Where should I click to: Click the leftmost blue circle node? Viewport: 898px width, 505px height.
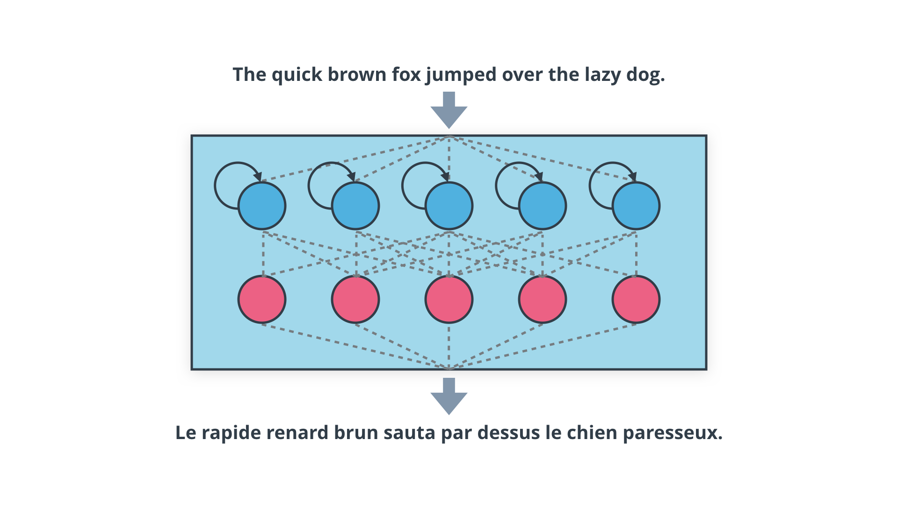click(x=262, y=206)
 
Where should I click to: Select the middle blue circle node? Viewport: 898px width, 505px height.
click(x=449, y=206)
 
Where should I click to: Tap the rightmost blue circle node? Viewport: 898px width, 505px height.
click(x=636, y=206)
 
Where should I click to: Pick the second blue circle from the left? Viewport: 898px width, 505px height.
click(x=355, y=206)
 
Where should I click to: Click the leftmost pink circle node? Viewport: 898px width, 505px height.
click(x=262, y=299)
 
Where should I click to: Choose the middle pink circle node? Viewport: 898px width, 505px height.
click(x=449, y=299)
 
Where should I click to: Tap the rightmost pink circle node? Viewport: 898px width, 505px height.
click(x=636, y=299)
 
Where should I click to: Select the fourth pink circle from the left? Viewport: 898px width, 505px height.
click(x=543, y=299)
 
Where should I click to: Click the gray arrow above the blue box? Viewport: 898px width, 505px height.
click(x=449, y=110)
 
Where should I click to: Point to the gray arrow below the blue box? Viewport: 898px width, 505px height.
click(x=449, y=397)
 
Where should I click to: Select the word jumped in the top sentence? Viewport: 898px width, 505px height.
click(x=461, y=75)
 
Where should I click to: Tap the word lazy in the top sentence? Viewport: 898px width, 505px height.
click(x=602, y=75)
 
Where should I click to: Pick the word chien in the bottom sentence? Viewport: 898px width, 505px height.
click(x=592, y=433)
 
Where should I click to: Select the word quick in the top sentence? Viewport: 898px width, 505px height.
click(x=297, y=75)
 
